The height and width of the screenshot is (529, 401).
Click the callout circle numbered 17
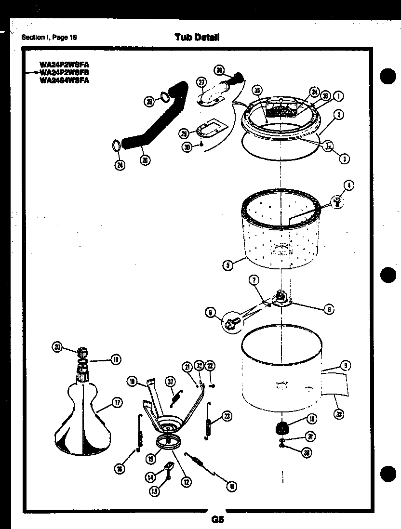pyautogui.click(x=117, y=403)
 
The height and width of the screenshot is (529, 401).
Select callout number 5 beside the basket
pyautogui.click(x=228, y=264)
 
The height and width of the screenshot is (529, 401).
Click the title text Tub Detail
pyautogui.click(x=197, y=38)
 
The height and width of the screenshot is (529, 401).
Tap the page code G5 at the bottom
pyautogui.click(x=217, y=519)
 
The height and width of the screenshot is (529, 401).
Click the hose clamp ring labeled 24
pyautogui.click(x=116, y=145)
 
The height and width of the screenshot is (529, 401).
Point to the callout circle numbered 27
pyautogui.click(x=201, y=82)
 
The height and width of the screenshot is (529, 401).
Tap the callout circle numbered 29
pyautogui.click(x=184, y=133)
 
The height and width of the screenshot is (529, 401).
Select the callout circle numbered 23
pyautogui.click(x=227, y=416)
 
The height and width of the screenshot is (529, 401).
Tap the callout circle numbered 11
pyautogui.click(x=232, y=487)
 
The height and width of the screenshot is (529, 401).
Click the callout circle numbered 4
pyautogui.click(x=348, y=185)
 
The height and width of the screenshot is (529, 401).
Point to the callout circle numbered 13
pyautogui.click(x=154, y=491)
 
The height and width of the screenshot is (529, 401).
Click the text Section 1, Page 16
pyautogui.click(x=49, y=38)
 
